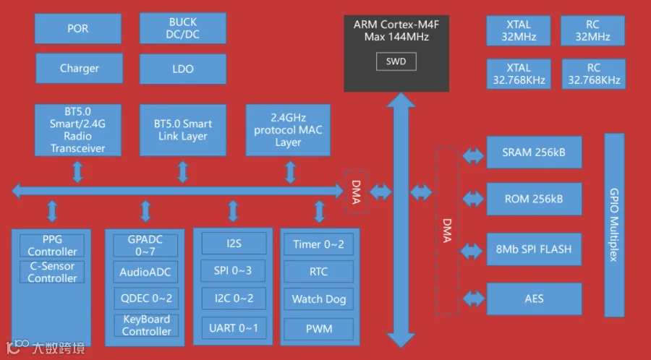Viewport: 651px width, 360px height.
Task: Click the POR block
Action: (77, 29)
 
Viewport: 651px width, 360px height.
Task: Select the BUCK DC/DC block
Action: (183, 29)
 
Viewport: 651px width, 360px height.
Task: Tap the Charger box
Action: (79, 69)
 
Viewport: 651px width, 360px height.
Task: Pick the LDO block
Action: (183, 69)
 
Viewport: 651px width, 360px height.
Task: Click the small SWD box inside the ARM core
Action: (396, 62)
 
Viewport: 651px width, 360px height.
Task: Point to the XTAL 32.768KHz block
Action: (519, 74)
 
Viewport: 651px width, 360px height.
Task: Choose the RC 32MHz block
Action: (593, 31)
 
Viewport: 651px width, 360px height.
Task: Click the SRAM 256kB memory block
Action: (534, 153)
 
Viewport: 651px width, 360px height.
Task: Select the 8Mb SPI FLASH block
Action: (534, 249)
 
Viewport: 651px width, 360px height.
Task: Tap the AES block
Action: (534, 298)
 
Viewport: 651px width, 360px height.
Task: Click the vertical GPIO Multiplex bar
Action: (613, 225)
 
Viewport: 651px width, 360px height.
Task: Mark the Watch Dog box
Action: (318, 299)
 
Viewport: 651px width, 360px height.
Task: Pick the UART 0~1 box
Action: (234, 328)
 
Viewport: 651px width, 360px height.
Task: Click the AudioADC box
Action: (145, 273)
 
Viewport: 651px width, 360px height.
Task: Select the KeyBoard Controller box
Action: (146, 325)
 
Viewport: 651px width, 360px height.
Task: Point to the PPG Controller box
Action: (52, 246)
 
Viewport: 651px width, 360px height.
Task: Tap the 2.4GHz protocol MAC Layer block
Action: (288, 130)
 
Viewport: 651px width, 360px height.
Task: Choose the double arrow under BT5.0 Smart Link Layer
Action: (183, 172)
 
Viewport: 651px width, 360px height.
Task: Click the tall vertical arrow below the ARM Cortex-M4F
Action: (396, 217)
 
